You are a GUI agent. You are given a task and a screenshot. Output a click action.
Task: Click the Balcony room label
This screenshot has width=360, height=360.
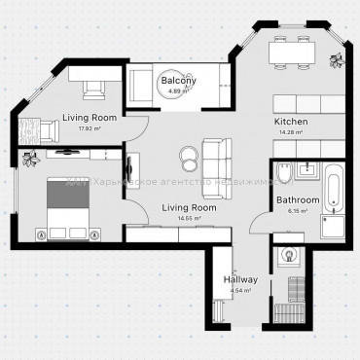(x=178, y=80)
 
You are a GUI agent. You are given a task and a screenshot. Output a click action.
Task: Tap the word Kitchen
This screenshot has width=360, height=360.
(x=292, y=122)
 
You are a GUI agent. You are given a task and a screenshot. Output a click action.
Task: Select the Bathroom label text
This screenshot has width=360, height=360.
(x=297, y=199)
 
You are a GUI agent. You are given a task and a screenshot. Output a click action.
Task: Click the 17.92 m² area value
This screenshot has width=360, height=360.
(x=90, y=127)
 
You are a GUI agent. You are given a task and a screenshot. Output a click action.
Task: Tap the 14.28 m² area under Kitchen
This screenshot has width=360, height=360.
(x=292, y=132)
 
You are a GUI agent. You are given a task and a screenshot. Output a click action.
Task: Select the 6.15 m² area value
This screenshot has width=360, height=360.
(x=297, y=210)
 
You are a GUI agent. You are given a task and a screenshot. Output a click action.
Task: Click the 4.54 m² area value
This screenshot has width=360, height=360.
(x=239, y=290)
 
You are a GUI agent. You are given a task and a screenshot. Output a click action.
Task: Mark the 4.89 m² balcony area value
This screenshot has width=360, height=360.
(x=176, y=90)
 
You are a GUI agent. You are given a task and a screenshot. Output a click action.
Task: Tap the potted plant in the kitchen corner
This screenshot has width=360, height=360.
(x=338, y=61)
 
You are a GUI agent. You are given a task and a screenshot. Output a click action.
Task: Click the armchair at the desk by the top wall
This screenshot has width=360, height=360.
(x=94, y=89)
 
